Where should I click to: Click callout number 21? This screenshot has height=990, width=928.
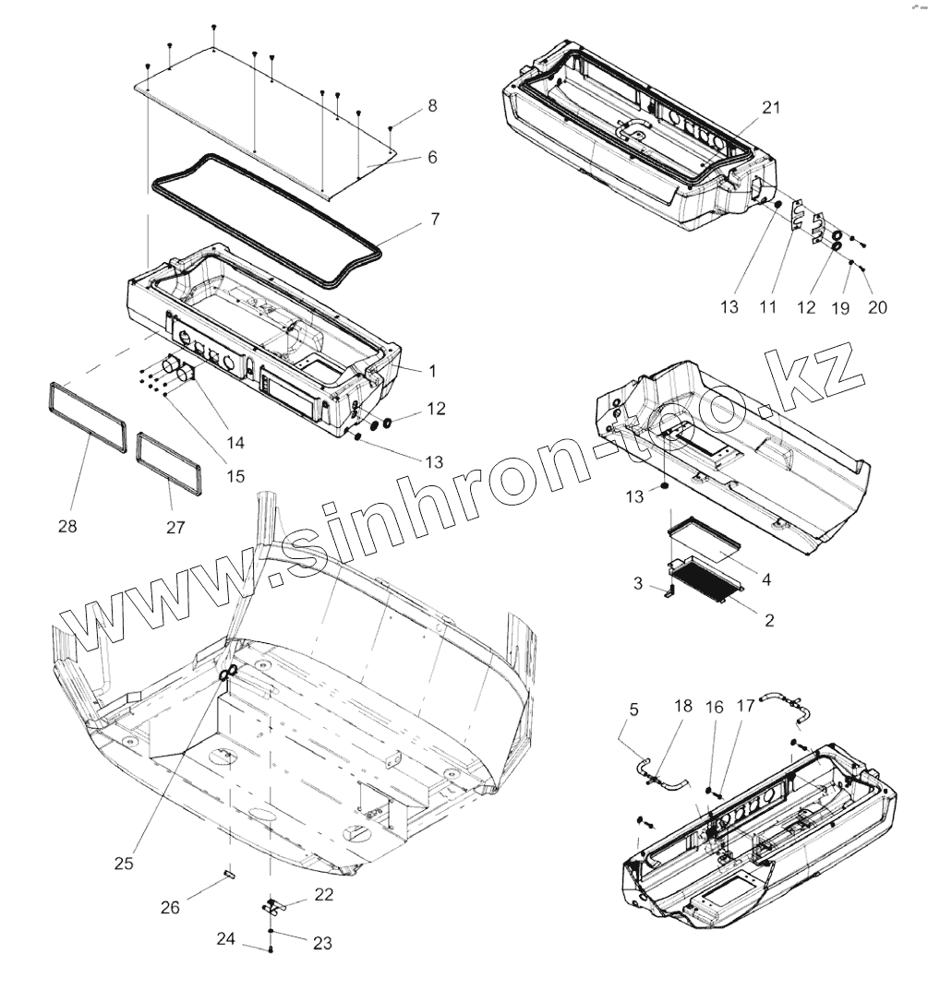pyautogui.click(x=771, y=107)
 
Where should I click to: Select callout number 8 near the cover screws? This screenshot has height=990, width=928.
pyautogui.click(x=432, y=106)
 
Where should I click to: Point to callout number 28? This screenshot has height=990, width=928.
pyautogui.click(x=67, y=526)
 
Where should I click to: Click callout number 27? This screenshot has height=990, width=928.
pyautogui.click(x=175, y=527)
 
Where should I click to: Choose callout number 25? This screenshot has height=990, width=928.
pyautogui.click(x=124, y=864)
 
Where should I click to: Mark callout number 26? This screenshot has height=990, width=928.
pyautogui.click(x=169, y=907)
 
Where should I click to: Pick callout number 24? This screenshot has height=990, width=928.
pyautogui.click(x=226, y=939)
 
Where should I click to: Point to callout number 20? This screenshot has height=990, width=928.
pyautogui.click(x=876, y=307)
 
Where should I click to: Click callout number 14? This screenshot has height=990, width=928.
pyautogui.click(x=235, y=443)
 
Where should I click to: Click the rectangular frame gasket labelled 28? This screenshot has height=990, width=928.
pyautogui.click(x=86, y=418)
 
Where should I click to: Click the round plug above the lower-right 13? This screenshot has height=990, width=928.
pyautogui.click(x=664, y=482)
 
